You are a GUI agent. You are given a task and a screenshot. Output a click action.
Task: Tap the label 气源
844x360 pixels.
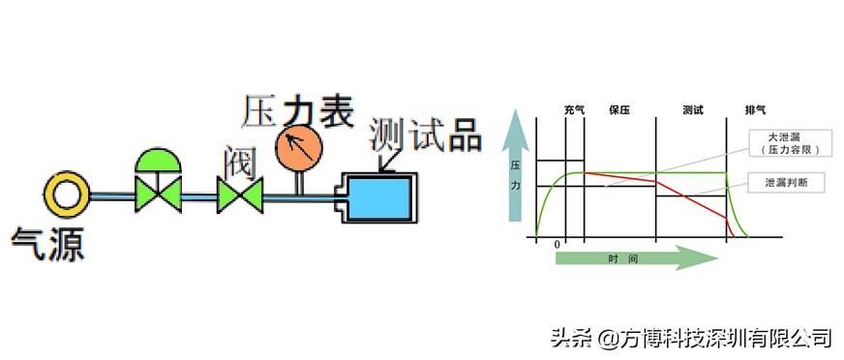click(47, 243)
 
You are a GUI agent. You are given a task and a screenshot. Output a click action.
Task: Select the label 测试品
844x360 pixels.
click(425, 135)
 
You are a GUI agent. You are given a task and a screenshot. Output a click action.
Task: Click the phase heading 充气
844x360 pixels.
click(574, 109)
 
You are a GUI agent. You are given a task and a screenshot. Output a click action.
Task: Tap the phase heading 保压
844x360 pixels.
click(619, 109)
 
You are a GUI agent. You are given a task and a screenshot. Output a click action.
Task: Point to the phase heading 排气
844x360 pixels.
click(755, 109)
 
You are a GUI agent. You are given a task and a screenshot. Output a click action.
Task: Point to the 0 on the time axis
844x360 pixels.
click(557, 245)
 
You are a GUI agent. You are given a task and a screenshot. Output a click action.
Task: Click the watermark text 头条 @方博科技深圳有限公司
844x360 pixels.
click(691, 338)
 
